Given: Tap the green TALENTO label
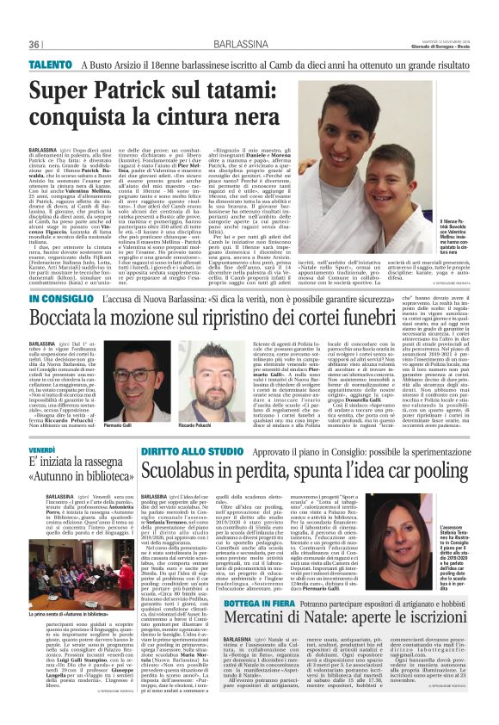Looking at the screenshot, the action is tap(49, 65).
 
